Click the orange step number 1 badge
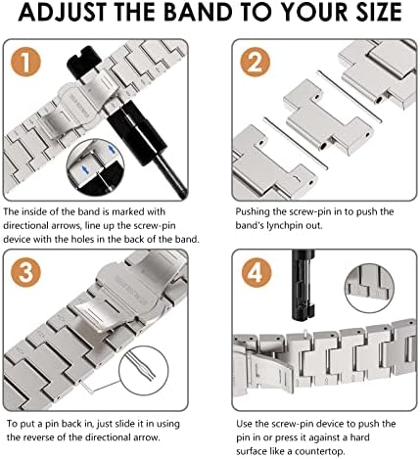tap(25, 62)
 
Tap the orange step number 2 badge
tap(255, 62)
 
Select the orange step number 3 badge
tap(25, 272)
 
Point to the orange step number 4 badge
tap(257, 272)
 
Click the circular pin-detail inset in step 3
tap(143, 370)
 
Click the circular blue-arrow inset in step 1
tap(95, 167)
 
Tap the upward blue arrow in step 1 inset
tap(112, 150)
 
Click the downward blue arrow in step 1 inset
tap(85, 169)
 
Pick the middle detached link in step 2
tap(328, 117)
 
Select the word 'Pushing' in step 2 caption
tap(253, 212)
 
